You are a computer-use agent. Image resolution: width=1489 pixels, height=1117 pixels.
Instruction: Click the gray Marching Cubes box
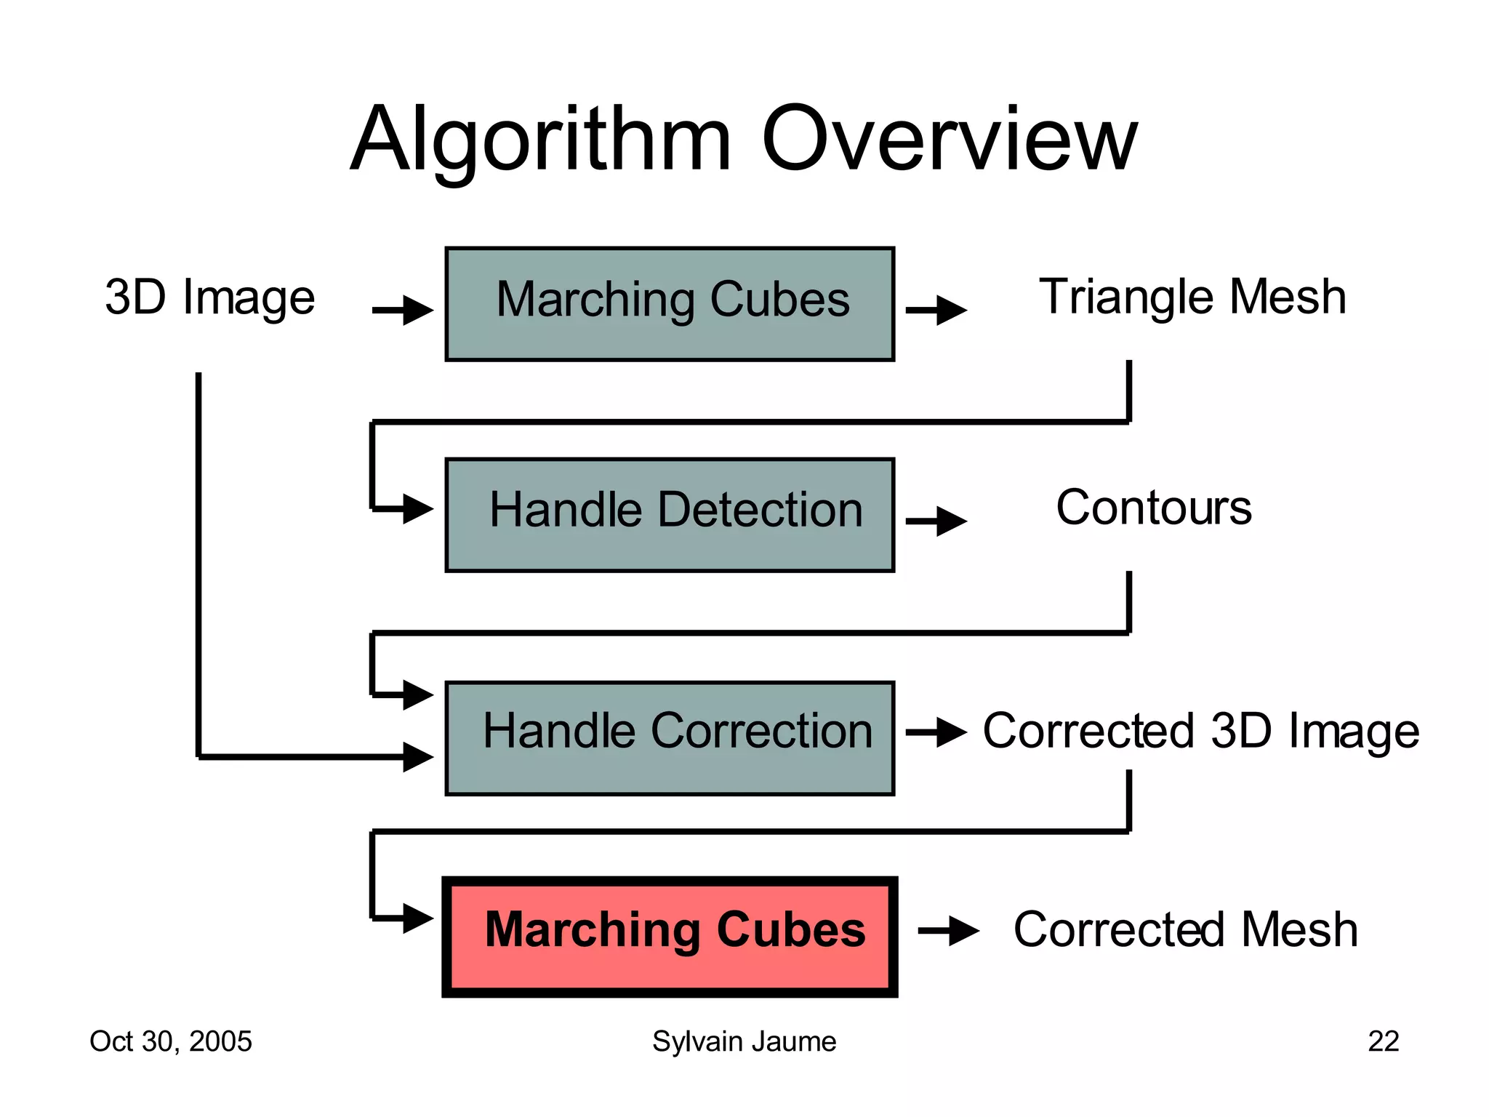(x=670, y=304)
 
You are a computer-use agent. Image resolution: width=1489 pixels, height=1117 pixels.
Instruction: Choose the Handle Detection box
(x=670, y=514)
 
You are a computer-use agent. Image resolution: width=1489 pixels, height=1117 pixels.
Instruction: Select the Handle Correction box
(x=670, y=737)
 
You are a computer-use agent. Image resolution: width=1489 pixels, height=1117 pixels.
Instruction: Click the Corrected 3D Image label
(x=1200, y=730)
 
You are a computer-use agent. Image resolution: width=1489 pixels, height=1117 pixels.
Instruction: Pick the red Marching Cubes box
(x=670, y=936)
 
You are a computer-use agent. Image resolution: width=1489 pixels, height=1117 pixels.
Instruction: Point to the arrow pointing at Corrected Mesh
(x=948, y=931)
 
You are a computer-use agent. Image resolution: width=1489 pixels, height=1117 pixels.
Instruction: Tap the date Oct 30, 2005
(x=171, y=1041)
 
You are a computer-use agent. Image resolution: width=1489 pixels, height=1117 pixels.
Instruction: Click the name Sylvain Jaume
(x=744, y=1041)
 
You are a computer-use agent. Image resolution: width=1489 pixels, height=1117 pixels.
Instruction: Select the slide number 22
(x=1383, y=1041)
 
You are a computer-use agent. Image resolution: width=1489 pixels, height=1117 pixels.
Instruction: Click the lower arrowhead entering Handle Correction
(x=417, y=757)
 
